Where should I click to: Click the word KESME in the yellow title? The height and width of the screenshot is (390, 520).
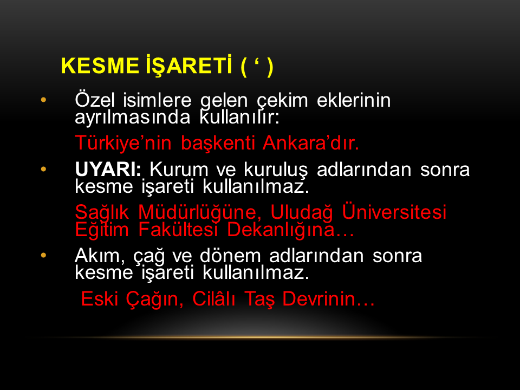pyautogui.click(x=100, y=66)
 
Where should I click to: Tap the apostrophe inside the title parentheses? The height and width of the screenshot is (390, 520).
pyautogui.click(x=257, y=62)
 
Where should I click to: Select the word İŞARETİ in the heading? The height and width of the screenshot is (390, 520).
pyautogui.click(x=189, y=66)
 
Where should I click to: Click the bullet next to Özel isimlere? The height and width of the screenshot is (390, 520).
pyautogui.click(x=43, y=100)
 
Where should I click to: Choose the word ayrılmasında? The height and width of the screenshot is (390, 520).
pyautogui.click(x=133, y=118)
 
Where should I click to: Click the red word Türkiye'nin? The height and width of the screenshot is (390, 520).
pyautogui.click(x=123, y=143)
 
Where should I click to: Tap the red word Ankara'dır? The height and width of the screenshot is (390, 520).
pyautogui.click(x=311, y=143)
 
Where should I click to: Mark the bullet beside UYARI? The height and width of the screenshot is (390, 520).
pyautogui.click(x=43, y=169)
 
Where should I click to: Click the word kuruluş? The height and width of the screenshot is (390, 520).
pyautogui.click(x=276, y=170)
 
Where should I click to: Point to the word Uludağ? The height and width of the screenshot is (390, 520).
pyautogui.click(x=302, y=212)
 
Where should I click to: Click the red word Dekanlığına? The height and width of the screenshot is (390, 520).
pyautogui.click(x=290, y=230)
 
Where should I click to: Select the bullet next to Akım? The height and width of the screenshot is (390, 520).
pyautogui.click(x=43, y=255)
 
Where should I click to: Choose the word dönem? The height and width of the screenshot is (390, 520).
pyautogui.click(x=231, y=256)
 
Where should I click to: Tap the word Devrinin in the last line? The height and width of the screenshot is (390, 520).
pyautogui.click(x=329, y=299)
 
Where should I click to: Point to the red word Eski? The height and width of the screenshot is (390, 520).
pyautogui.click(x=100, y=299)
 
